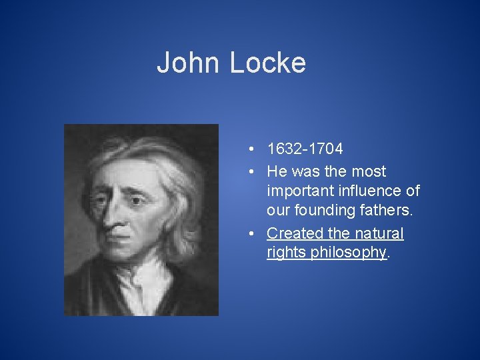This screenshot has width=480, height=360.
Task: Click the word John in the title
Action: click(188, 63)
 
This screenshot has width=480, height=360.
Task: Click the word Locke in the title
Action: click(268, 63)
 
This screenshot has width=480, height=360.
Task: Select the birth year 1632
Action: click(284, 149)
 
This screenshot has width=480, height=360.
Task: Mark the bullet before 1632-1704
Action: click(247, 149)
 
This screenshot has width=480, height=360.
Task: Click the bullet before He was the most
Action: click(247, 171)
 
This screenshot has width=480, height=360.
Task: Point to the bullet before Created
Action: click(247, 233)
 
